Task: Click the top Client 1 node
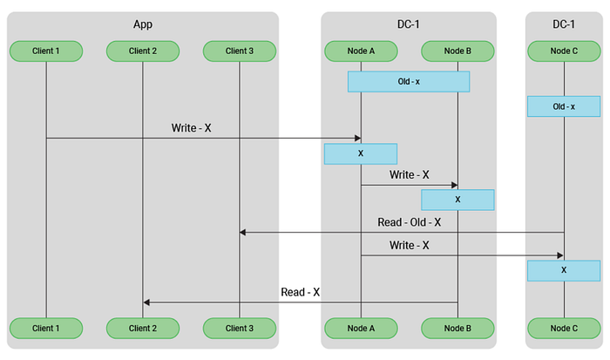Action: coord(46,51)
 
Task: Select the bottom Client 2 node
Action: coord(143,328)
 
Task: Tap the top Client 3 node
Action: coord(240,51)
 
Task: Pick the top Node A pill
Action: coord(361,51)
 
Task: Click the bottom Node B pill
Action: coord(457,328)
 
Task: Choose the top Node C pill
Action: coord(564,51)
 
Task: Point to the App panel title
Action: coord(143,24)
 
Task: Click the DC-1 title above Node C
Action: coord(564,24)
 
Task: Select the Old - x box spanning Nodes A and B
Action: coord(409,82)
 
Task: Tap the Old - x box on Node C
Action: coord(564,106)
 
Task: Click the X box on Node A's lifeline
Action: coord(361,153)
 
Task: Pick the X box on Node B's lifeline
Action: coord(457,200)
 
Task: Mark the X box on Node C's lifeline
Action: coord(564,270)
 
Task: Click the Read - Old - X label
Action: coord(410,222)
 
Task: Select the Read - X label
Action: coord(300,292)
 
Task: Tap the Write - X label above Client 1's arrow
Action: coord(191,128)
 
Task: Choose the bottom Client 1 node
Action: coord(46,328)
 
